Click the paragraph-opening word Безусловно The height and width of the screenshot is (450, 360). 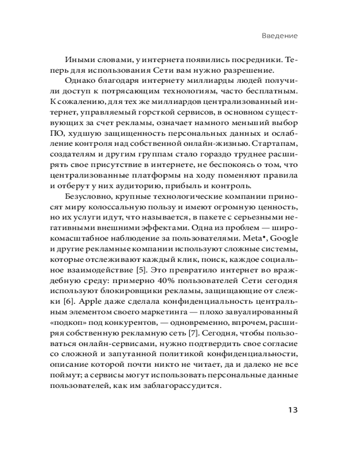pos(89,197)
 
